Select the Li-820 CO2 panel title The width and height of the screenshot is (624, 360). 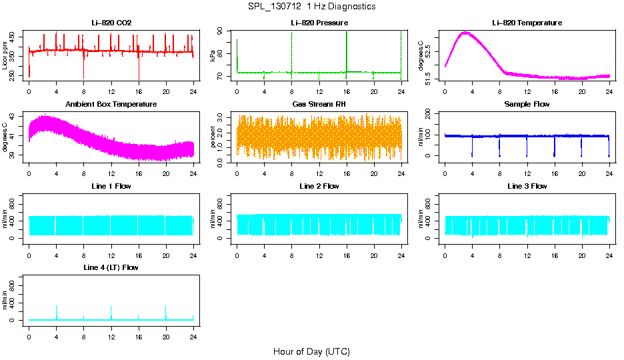tap(111, 23)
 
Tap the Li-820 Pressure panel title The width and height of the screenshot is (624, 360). tap(319, 23)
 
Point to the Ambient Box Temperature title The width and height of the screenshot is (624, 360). tap(111, 104)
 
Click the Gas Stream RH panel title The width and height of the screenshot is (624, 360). tap(319, 104)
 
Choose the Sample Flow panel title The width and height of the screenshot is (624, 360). tap(527, 104)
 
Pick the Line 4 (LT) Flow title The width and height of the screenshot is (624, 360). tap(111, 267)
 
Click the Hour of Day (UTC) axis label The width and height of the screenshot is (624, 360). tap(311, 351)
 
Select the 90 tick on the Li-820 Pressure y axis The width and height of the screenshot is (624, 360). tap(223, 31)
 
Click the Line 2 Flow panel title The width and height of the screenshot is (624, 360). tap(319, 186)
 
